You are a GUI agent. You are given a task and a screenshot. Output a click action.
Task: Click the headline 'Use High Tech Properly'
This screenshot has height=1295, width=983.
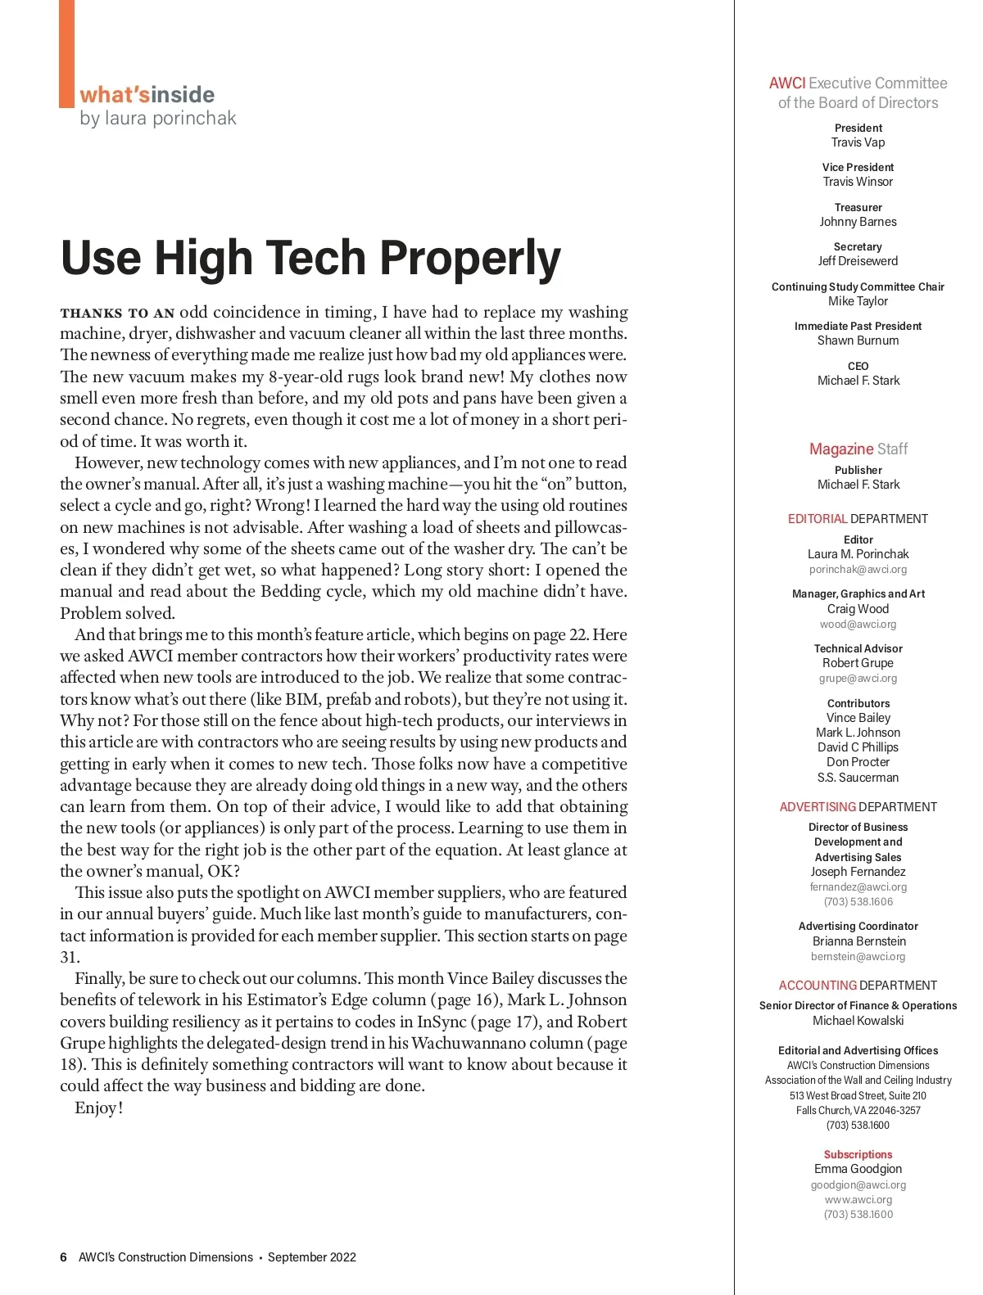(310, 259)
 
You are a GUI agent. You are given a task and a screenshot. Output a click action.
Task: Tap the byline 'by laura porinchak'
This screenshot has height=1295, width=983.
(158, 119)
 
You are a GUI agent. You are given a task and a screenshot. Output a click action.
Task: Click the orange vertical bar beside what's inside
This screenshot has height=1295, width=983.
(66, 53)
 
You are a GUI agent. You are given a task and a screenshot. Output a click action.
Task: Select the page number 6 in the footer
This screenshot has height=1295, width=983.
(63, 1257)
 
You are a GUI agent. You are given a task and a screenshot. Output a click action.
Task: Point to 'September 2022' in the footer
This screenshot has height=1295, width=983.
(311, 1257)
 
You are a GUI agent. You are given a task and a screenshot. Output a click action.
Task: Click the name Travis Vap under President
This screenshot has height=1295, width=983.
(858, 142)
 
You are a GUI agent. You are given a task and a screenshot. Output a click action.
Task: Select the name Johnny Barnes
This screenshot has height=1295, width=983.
(858, 222)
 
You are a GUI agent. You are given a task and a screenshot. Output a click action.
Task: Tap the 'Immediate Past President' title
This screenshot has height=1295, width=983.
(858, 326)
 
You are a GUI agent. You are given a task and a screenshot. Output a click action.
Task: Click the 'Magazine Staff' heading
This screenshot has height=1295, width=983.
(858, 449)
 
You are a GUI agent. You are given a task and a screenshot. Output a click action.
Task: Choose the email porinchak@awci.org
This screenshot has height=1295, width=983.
(858, 570)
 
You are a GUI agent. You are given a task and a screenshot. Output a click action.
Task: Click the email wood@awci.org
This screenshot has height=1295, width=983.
(858, 624)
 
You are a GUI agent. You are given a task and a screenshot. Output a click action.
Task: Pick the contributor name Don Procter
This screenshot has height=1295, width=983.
(858, 762)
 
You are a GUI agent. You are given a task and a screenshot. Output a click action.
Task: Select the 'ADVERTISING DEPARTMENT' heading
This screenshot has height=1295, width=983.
(858, 807)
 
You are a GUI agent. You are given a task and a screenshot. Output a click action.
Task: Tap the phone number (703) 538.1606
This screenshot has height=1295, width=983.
(858, 902)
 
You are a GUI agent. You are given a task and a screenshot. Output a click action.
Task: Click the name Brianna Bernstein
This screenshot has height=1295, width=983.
(858, 941)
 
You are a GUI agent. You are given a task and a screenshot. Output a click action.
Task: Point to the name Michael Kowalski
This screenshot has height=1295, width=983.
(858, 1021)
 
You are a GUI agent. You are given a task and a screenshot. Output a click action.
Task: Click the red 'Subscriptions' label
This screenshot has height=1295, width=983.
(858, 1154)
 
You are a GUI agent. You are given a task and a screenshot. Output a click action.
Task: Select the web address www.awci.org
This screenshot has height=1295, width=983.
(858, 1199)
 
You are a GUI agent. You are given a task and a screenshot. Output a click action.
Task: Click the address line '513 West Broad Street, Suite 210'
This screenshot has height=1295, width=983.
(858, 1095)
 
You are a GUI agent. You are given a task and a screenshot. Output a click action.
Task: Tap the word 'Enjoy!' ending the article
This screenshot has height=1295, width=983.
(98, 1108)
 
